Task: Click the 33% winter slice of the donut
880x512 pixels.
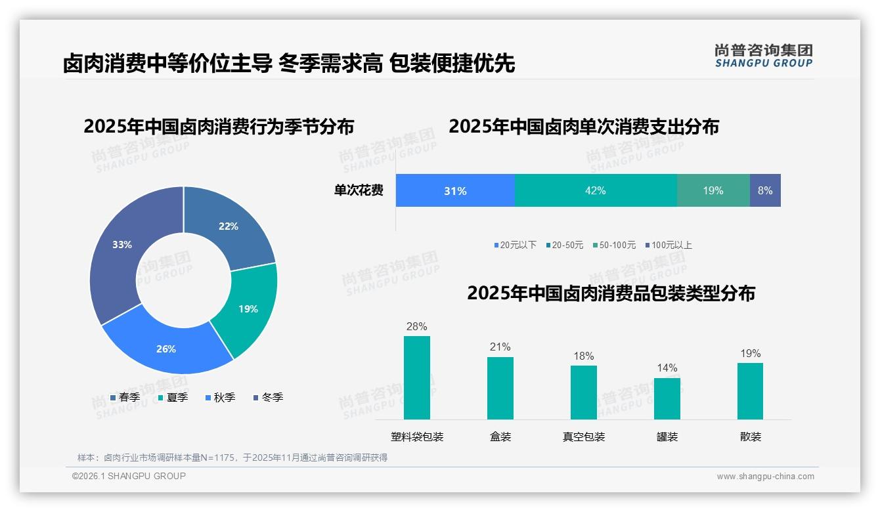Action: tap(118, 249)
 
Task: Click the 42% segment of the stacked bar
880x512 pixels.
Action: tap(595, 190)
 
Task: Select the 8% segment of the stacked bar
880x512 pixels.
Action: tap(765, 190)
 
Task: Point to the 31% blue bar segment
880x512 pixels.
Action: tap(455, 190)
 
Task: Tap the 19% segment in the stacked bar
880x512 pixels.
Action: tap(713, 190)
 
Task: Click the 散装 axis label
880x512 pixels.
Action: tap(751, 437)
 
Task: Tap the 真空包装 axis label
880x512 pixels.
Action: tap(584, 437)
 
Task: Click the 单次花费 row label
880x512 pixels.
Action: tap(359, 190)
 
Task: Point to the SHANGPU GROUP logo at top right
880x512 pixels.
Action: tap(763, 56)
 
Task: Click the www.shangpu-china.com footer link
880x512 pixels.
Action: tap(765, 476)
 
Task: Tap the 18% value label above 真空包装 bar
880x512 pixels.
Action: tap(584, 356)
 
